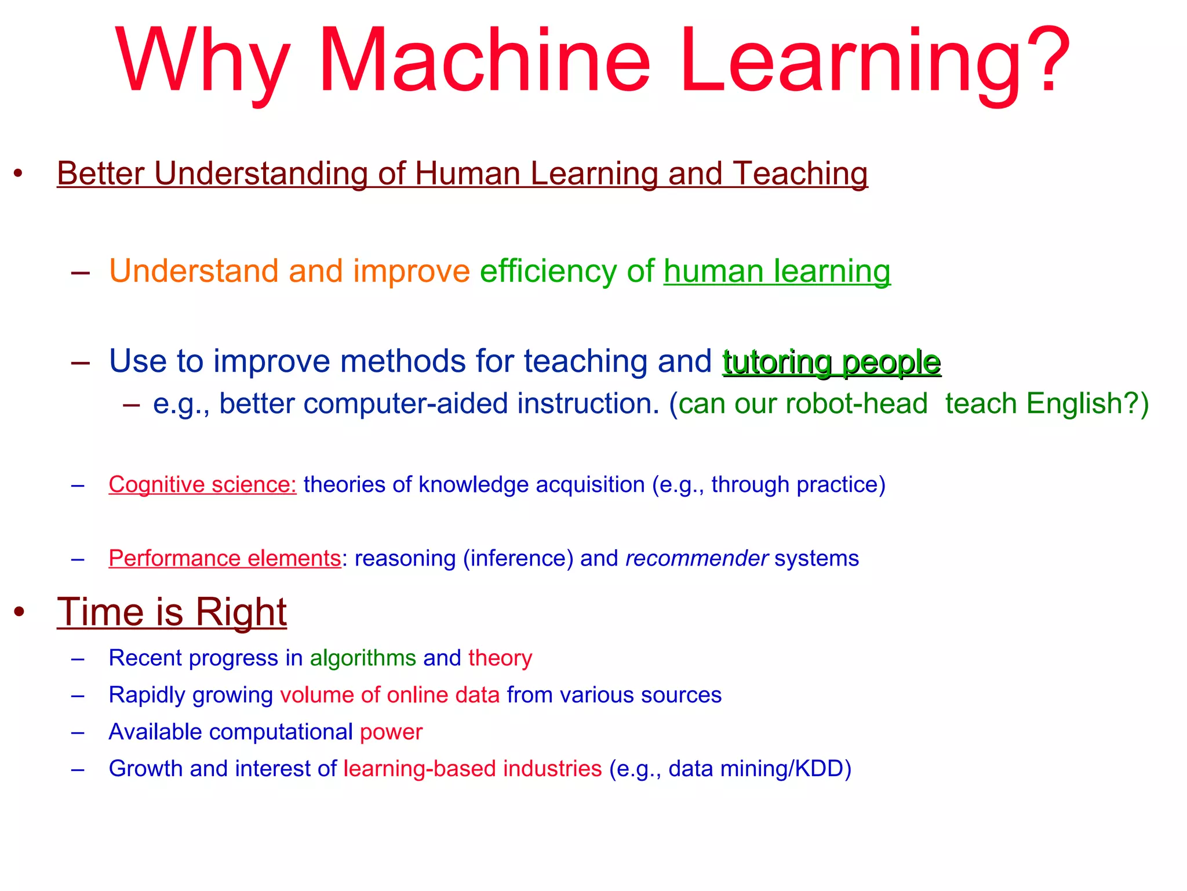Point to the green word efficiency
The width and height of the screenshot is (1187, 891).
pyautogui.click(x=548, y=271)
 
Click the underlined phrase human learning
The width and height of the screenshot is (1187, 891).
pyautogui.click(x=777, y=271)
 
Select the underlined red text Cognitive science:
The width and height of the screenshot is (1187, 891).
pyautogui.click(x=202, y=485)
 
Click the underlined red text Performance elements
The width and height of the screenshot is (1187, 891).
pyautogui.click(x=224, y=559)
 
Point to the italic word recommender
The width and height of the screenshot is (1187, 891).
pyautogui.click(x=697, y=559)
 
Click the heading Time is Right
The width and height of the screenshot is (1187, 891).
pyautogui.click(x=172, y=612)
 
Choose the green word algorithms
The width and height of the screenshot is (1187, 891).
pyautogui.click(x=363, y=658)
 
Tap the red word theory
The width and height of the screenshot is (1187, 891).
pyautogui.click(x=500, y=658)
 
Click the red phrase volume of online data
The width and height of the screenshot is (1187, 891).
pyautogui.click(x=389, y=695)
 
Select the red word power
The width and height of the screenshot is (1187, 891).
pyautogui.click(x=391, y=732)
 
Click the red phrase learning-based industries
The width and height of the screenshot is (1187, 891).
pyautogui.click(x=472, y=769)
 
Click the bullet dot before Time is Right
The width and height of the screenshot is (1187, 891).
pyautogui.click(x=19, y=612)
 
